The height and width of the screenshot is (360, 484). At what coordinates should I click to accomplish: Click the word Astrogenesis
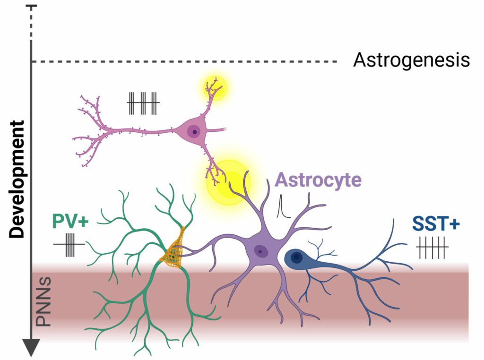(x=412, y=60)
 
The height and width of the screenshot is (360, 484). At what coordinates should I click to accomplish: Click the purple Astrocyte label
(x=318, y=180)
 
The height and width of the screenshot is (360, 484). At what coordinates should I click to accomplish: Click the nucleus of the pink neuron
(x=194, y=130)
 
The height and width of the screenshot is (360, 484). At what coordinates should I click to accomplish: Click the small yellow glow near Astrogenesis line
(x=215, y=86)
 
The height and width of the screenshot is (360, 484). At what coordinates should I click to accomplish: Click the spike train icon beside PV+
(x=69, y=244)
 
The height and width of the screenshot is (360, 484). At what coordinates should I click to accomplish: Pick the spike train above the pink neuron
(x=143, y=103)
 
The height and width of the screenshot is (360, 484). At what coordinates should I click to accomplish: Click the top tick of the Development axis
(x=31, y=6)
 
